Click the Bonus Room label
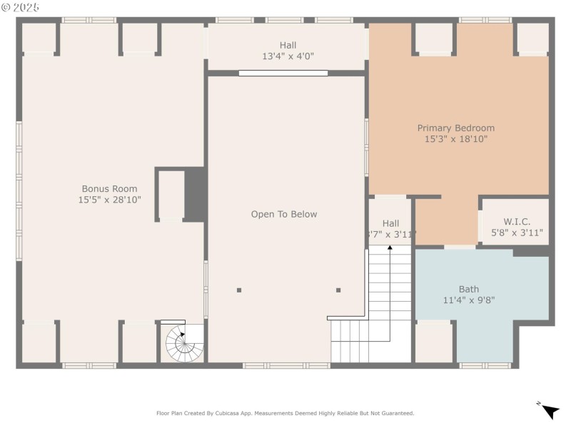(x=109, y=189)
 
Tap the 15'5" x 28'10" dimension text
(x=109, y=200)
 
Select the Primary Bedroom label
(x=455, y=128)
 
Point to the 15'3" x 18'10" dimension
(x=455, y=140)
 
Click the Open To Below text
(x=284, y=214)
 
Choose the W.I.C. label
(x=517, y=221)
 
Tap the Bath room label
(x=468, y=289)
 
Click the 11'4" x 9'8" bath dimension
(x=468, y=300)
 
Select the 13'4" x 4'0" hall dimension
(x=288, y=56)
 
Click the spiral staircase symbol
(x=183, y=343)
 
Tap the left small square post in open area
(x=239, y=290)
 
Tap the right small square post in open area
(x=338, y=290)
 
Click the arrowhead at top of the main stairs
(x=390, y=248)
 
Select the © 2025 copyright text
(x=21, y=7)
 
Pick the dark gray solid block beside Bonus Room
(x=195, y=194)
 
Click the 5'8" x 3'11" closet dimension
(x=517, y=233)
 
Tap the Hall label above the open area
(x=288, y=45)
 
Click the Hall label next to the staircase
(x=390, y=223)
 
